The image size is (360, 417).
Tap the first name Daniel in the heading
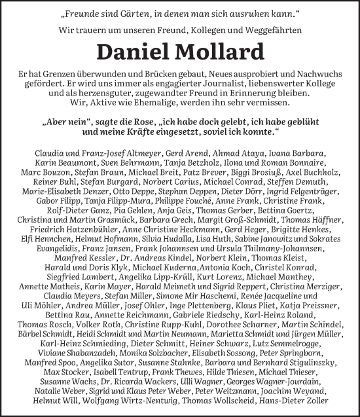135,52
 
